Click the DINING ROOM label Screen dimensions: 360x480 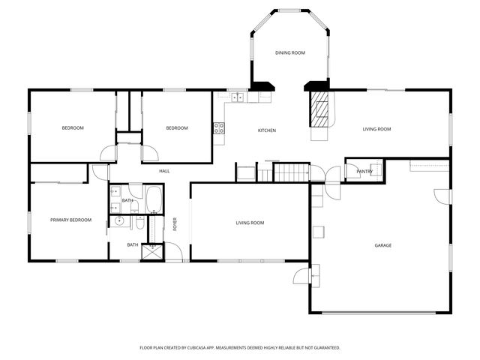click(x=289, y=52)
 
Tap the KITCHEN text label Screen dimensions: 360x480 click(x=267, y=130)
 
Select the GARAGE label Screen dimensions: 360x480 click(x=383, y=245)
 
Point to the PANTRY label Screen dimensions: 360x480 click(x=364, y=172)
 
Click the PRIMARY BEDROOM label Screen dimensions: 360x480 click(x=70, y=220)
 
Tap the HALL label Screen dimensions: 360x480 click(x=164, y=172)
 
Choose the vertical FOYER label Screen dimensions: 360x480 click(x=175, y=223)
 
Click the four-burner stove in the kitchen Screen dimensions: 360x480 click(x=219, y=127)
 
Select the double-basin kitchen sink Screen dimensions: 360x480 click(x=238, y=97)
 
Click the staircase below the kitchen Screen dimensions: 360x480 click(x=291, y=173)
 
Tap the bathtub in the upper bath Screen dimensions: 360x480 click(x=155, y=199)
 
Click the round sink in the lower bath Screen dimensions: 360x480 click(x=119, y=221)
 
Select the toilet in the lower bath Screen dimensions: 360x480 click(x=139, y=223)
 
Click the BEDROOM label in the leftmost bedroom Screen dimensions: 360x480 click(x=73, y=128)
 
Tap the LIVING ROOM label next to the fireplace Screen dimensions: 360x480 click(x=376, y=130)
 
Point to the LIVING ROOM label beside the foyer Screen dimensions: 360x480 click(x=250, y=223)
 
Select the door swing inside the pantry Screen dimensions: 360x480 click(x=375, y=169)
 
